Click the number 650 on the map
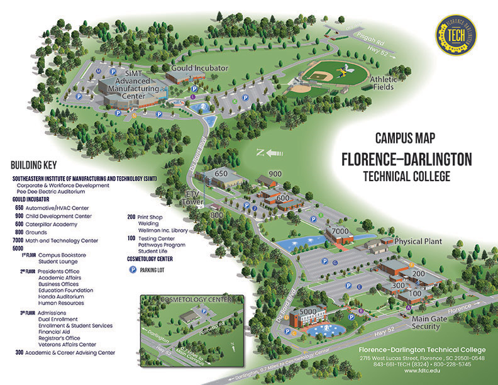pyautogui.click(x=221, y=173)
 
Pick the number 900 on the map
pyautogui.click(x=275, y=174)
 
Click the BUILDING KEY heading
pyautogui.click(x=34, y=165)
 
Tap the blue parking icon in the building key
pyautogui.click(x=133, y=269)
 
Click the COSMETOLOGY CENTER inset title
pyautogui.click(x=192, y=299)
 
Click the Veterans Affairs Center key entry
pyautogui.click(x=67, y=344)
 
